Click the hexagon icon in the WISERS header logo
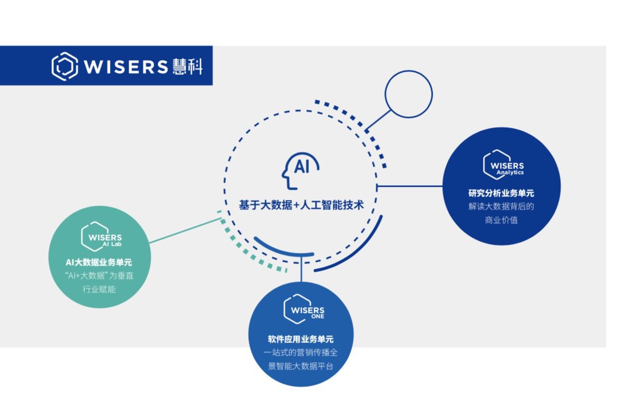[65, 66]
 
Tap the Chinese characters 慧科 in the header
[188, 67]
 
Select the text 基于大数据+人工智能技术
[301, 205]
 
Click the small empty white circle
[408, 94]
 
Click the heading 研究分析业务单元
[501, 193]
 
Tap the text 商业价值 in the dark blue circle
[501, 220]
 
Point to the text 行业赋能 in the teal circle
[99, 289]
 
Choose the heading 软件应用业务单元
[301, 339]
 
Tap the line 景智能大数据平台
[301, 365]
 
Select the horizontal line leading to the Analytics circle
[410, 186]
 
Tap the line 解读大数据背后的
[501, 207]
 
